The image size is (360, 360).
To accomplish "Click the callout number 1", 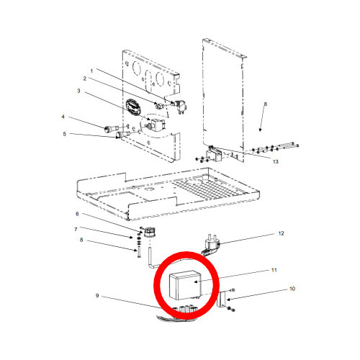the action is pyautogui.click(x=91, y=71).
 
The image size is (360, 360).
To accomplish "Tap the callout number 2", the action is pyautogui.click(x=85, y=78).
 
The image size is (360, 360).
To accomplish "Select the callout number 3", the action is pyautogui.click(x=78, y=91).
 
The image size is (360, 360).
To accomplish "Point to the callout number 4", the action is pyautogui.click(x=63, y=117).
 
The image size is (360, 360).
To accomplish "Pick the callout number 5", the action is pyautogui.click(x=64, y=134).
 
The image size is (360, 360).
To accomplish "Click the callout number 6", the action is pyautogui.click(x=77, y=214).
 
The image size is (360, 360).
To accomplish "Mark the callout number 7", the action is pyautogui.click(x=76, y=230).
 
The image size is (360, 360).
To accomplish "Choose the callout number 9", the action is pyautogui.click(x=97, y=295).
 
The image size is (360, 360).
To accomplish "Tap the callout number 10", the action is pyautogui.click(x=292, y=289).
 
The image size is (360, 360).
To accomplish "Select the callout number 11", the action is pyautogui.click(x=274, y=270).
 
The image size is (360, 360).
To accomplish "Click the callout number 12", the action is pyautogui.click(x=281, y=233).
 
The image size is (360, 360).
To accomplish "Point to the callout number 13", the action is pyautogui.click(x=276, y=162).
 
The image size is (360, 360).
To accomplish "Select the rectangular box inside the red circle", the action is pyautogui.click(x=185, y=285).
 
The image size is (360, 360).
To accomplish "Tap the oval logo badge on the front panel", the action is pyautogui.click(x=132, y=107).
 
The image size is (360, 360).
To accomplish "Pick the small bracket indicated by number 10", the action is pyautogui.click(x=222, y=299).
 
